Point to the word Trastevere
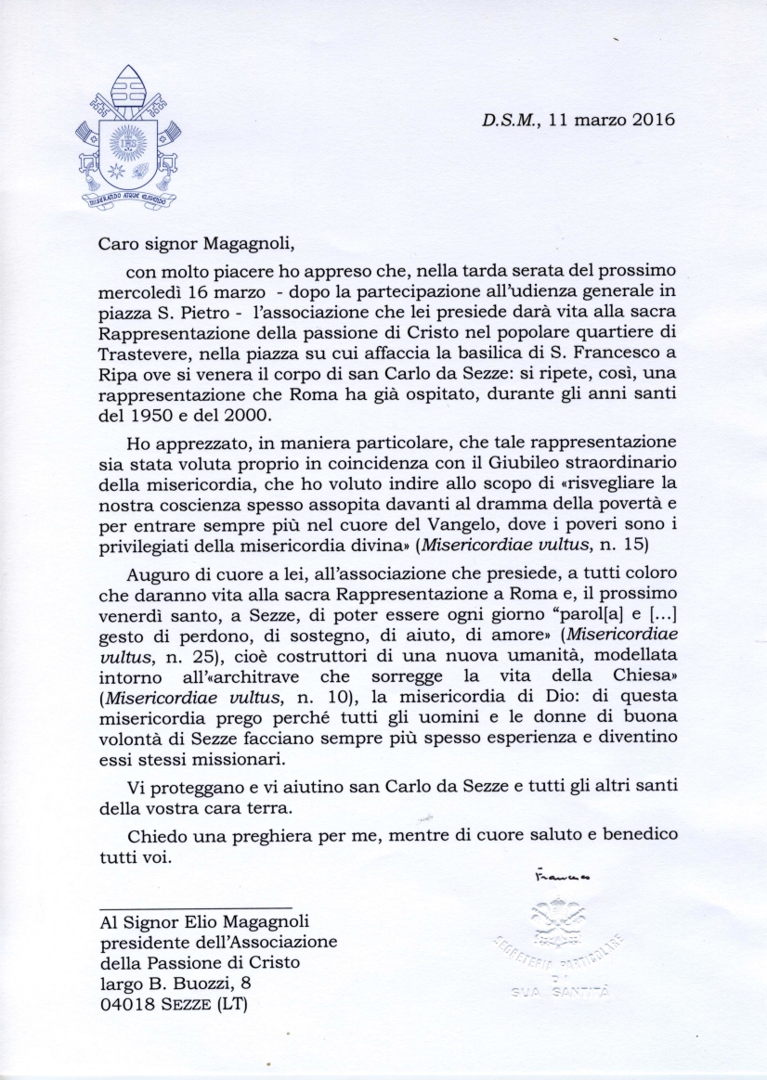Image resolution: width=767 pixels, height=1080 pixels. pos(147,353)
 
